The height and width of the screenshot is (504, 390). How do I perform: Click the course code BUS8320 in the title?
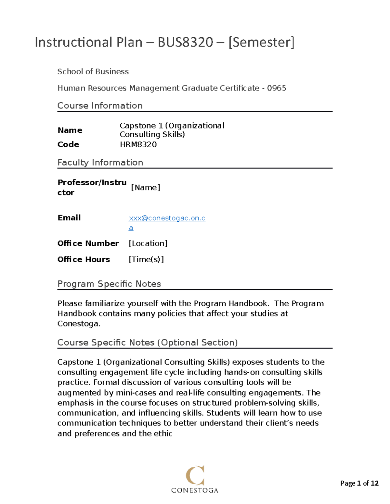point(185,42)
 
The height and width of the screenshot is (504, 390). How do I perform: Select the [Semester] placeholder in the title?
point(261,42)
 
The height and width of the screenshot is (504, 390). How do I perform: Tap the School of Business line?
point(93,71)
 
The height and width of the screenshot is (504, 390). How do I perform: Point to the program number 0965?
point(277,88)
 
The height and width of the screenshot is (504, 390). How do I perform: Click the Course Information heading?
point(100,105)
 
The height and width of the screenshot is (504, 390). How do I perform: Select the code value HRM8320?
point(138,144)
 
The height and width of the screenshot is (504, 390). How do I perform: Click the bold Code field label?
point(68,144)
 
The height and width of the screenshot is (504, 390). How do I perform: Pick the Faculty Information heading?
point(100,162)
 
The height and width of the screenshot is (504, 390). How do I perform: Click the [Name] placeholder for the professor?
point(145,187)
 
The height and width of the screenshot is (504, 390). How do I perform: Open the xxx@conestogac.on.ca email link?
point(167,218)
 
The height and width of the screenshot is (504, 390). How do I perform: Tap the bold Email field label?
point(69,218)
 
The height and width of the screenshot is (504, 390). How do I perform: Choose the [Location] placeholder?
point(148,243)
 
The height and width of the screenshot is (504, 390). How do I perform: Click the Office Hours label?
point(84,259)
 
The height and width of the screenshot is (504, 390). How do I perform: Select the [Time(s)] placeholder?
point(146,259)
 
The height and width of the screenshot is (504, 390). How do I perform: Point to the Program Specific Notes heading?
point(109,284)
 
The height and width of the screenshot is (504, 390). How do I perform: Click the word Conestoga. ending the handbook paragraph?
point(79,324)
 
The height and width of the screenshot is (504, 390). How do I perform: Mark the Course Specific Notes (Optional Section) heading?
point(148,342)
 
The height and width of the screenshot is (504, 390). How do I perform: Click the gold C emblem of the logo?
point(195,475)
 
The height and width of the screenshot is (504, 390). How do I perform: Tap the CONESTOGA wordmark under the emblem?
point(195,490)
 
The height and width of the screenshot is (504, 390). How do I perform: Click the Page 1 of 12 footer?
point(359,483)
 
